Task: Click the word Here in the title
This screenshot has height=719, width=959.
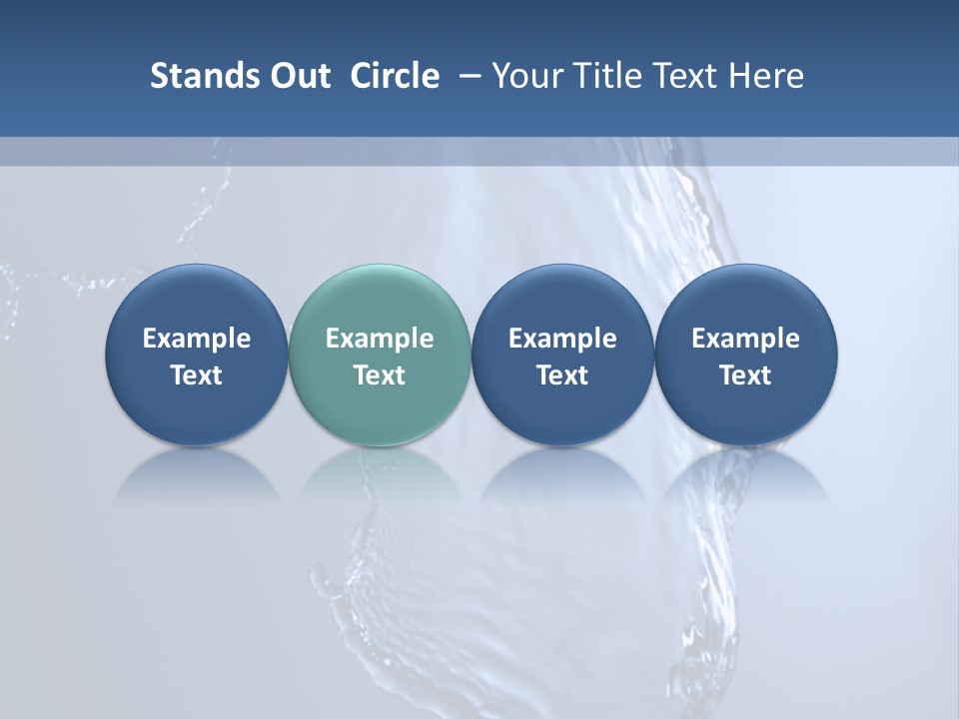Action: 765,76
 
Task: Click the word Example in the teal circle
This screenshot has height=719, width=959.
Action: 380,339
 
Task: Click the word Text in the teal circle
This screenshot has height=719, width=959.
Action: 380,375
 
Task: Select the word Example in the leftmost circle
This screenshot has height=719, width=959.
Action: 196,339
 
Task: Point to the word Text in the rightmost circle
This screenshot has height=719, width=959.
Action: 745,375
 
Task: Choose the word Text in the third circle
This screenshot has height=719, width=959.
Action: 562,375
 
